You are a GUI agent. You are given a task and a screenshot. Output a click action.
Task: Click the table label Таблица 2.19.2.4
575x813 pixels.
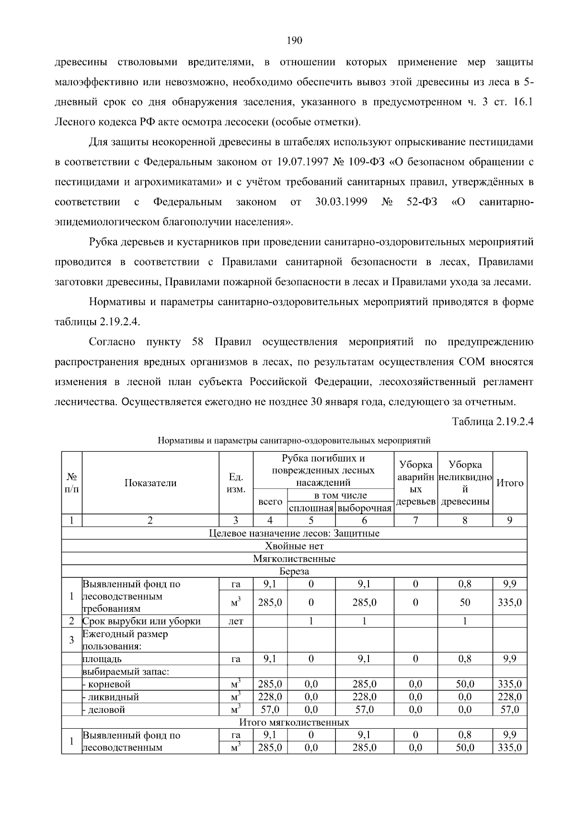pyautogui.click(x=493, y=422)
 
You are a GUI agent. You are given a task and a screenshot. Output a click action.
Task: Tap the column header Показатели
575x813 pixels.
pyautogui.click(x=150, y=483)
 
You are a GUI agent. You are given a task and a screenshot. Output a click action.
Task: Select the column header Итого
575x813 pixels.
pyautogui.click(x=510, y=483)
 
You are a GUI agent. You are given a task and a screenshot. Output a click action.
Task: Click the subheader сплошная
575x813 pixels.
pyautogui.click(x=311, y=508)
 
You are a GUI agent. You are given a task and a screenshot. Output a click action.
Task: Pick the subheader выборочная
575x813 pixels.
pyautogui.click(x=364, y=508)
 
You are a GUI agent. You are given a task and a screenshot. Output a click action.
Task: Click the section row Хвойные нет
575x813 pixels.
pyautogui.click(x=294, y=546)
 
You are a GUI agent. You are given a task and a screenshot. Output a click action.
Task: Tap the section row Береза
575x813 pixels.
pyautogui.click(x=294, y=572)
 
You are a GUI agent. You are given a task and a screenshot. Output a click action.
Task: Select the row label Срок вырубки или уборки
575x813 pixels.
pyautogui.click(x=141, y=621)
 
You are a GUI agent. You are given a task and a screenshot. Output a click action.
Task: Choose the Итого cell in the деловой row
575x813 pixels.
pyautogui.click(x=510, y=710)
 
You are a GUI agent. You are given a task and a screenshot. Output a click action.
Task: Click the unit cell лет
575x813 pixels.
pyautogui.click(x=236, y=621)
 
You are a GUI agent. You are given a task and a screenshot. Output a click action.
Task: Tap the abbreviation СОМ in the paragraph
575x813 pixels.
pyautogui.click(x=472, y=362)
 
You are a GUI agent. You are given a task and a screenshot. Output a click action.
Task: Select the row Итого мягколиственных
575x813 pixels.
pyautogui.click(x=294, y=722)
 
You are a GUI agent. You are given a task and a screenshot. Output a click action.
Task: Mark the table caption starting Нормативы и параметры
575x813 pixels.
pyautogui.click(x=294, y=440)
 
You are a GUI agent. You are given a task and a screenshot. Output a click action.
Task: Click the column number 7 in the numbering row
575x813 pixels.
pyautogui.click(x=415, y=521)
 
